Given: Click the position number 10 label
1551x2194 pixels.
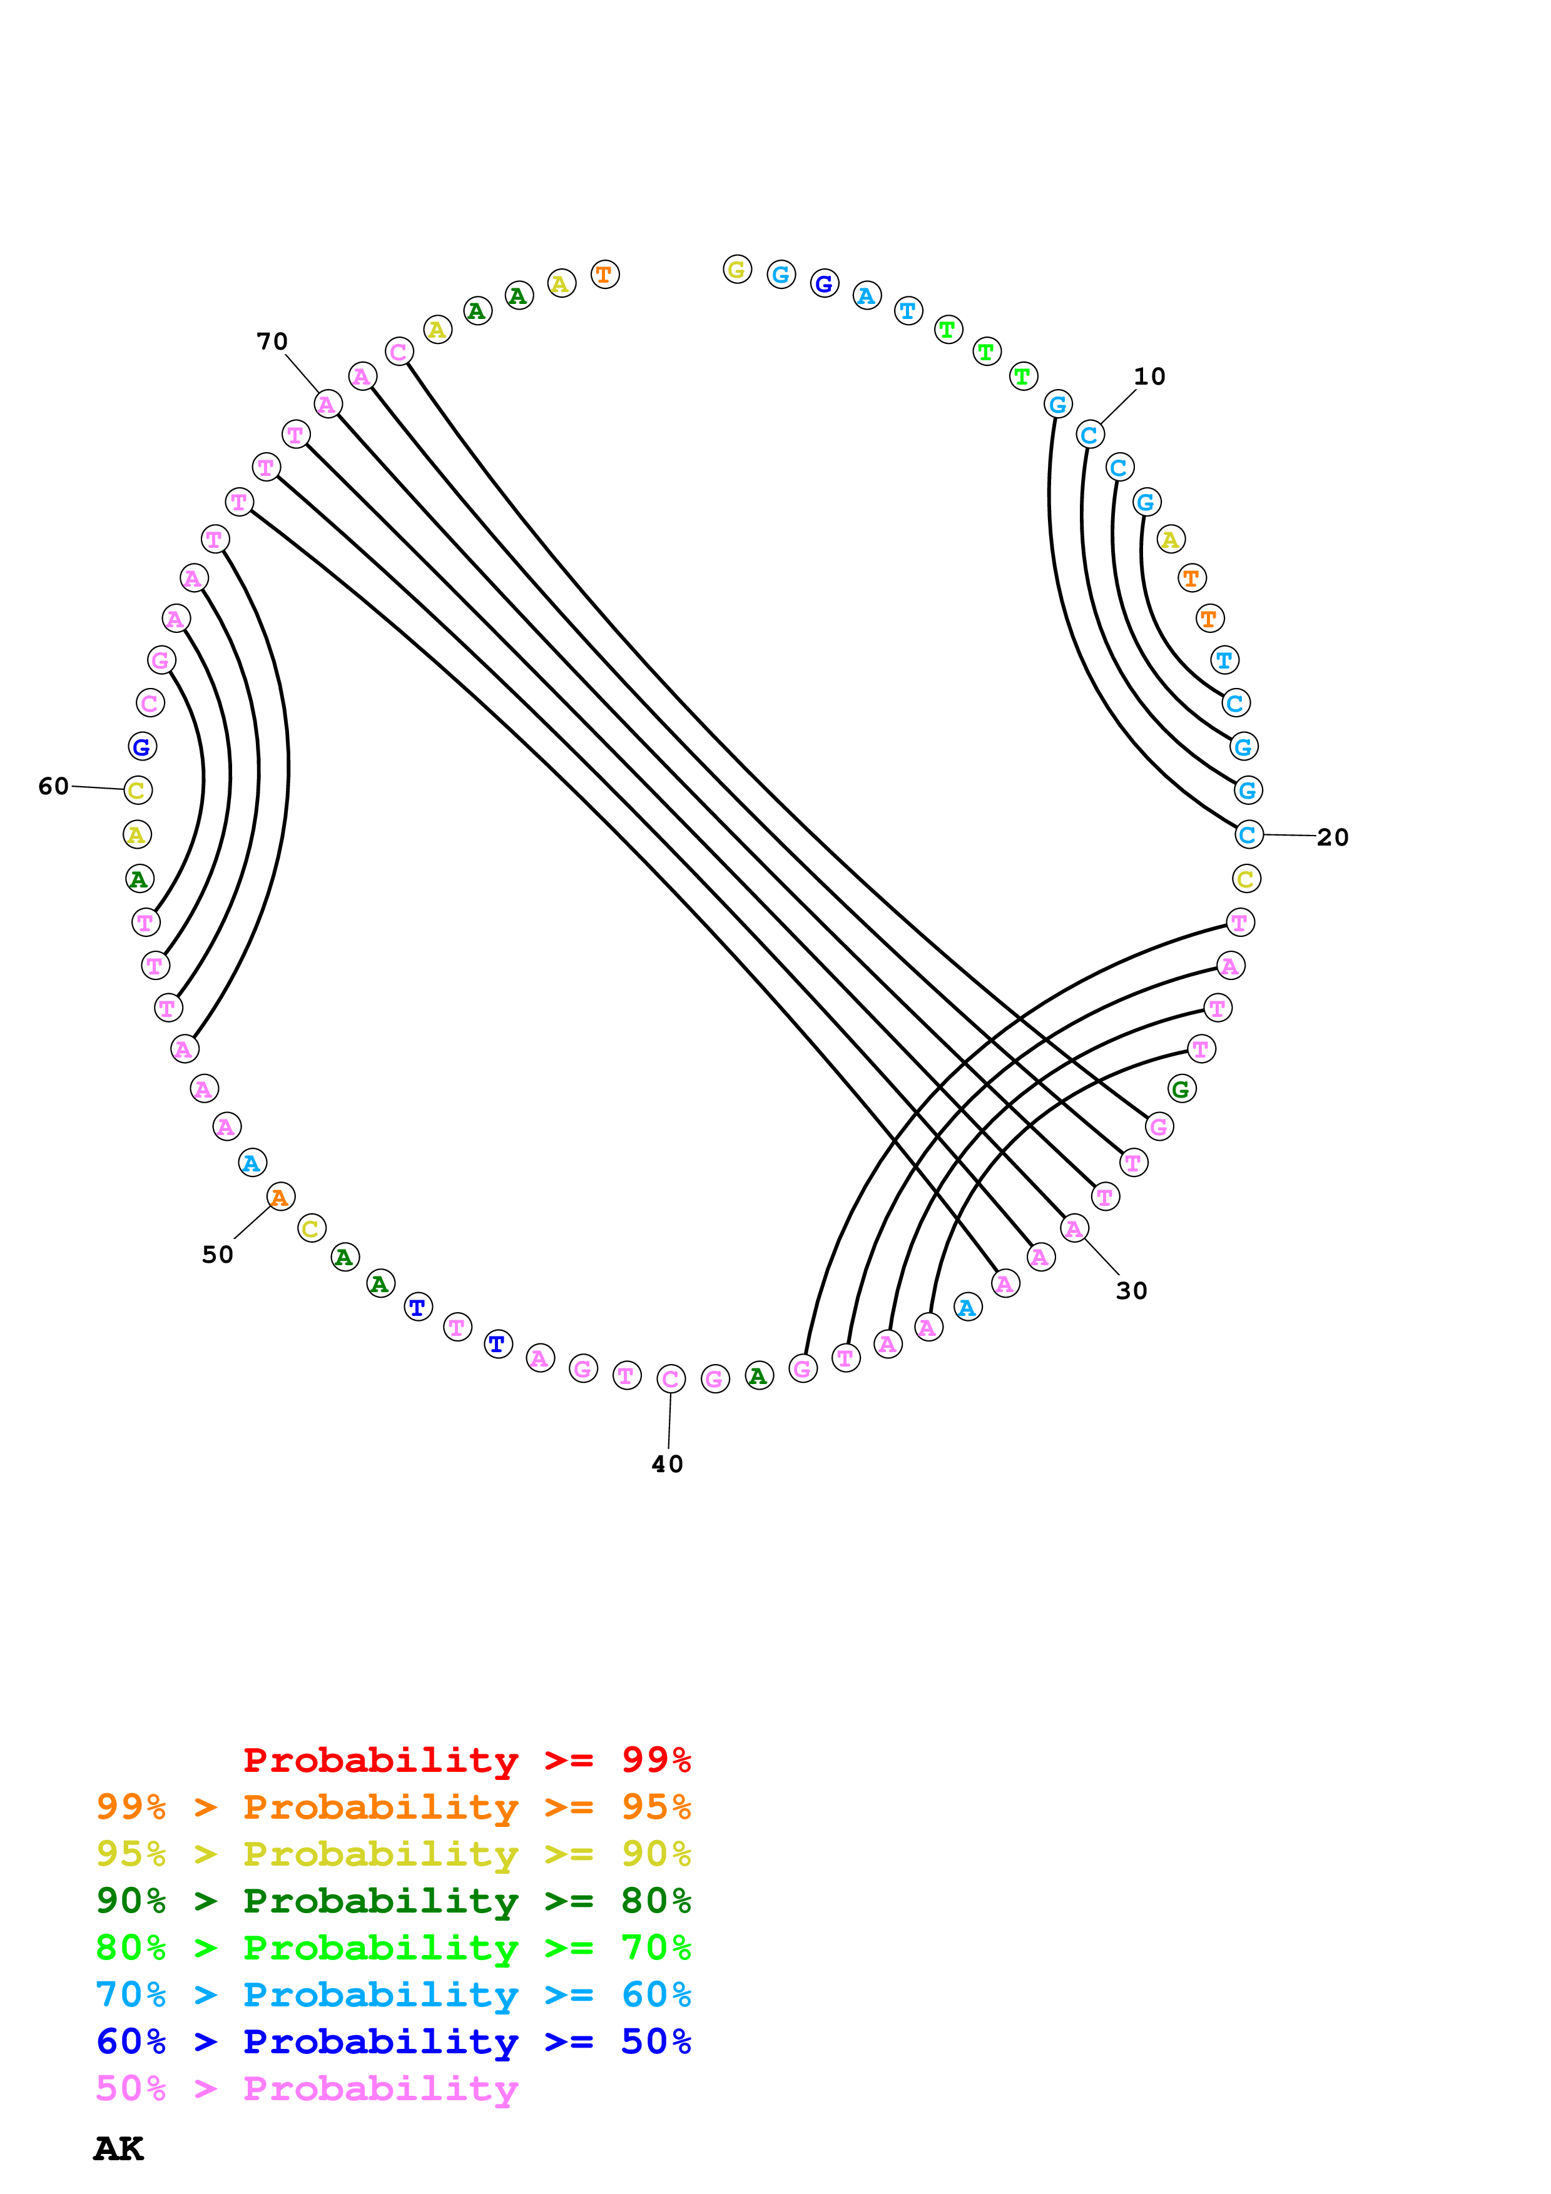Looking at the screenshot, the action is click(1149, 377).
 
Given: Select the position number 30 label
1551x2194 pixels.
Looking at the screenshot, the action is click(1131, 1290).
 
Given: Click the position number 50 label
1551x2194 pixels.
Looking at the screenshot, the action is click(217, 1255).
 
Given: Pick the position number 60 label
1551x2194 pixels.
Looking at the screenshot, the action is click(54, 786).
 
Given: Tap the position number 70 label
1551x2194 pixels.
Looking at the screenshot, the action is click(272, 341).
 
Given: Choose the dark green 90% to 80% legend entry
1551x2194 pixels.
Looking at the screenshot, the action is click(393, 1901).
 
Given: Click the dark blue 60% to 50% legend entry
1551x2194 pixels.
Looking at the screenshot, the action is click(393, 2041).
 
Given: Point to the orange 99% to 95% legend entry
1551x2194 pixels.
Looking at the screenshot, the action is click(393, 1807).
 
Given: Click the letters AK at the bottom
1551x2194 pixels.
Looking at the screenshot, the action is click(118, 2149).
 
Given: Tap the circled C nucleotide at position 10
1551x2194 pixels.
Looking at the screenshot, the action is click(1089, 435).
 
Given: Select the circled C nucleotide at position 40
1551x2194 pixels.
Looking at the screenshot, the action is click(671, 1379).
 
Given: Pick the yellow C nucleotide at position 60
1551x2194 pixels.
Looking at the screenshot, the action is click(138, 791).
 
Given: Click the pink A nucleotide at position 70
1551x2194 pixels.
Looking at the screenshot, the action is click(328, 404).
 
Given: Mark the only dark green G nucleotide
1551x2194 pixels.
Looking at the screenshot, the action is click(1181, 1088).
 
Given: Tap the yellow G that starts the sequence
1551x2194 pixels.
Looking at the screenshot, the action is click(737, 270).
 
